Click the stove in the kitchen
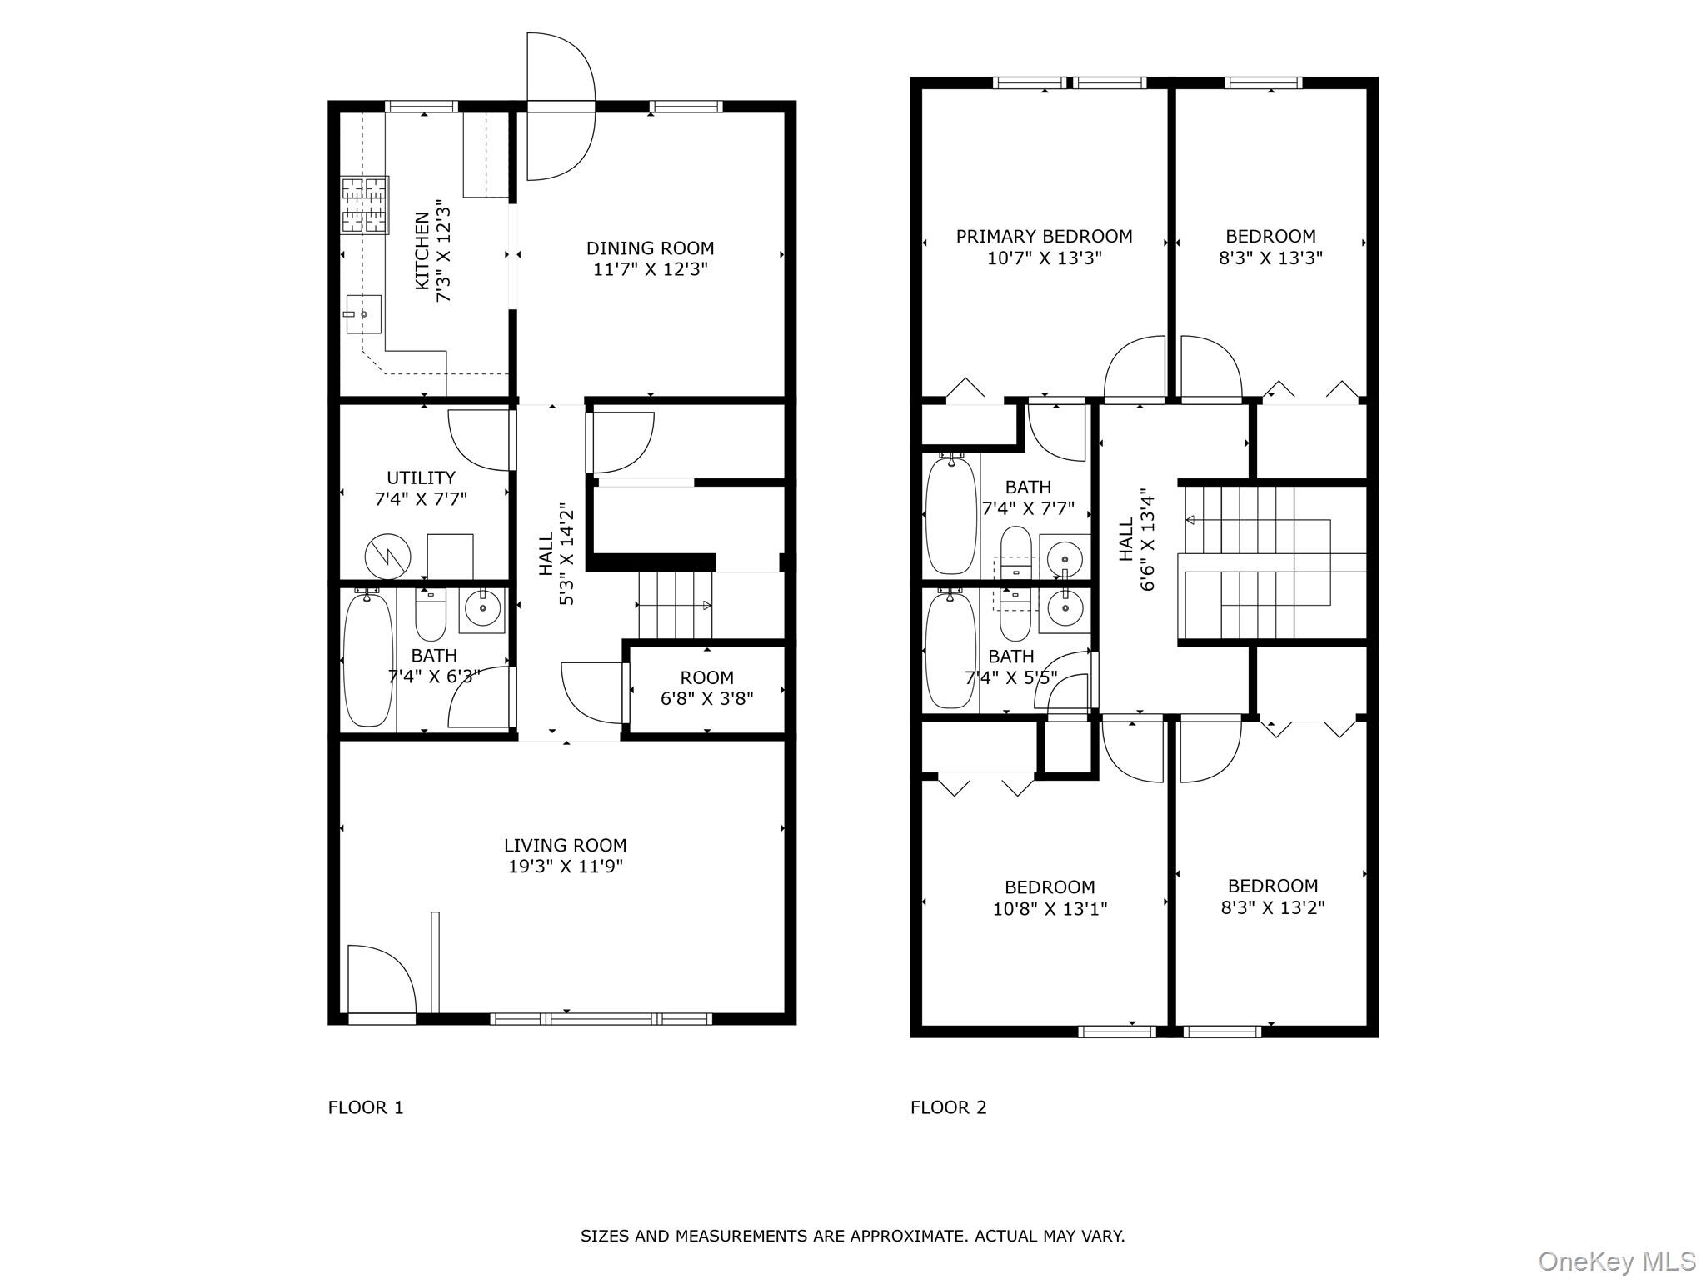pos(365,205)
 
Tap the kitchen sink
pos(363,313)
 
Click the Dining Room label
pos(650,248)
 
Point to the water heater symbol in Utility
pos(387,556)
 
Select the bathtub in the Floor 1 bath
pos(367,659)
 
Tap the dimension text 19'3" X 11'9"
pos(566,867)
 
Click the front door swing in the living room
pos(379,979)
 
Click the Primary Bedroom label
pos(1044,237)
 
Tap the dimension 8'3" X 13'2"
pos(1272,907)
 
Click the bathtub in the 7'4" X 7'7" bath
pos(950,515)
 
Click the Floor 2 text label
pos(948,1107)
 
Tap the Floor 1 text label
pos(365,1107)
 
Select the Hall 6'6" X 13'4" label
pos(1136,539)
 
